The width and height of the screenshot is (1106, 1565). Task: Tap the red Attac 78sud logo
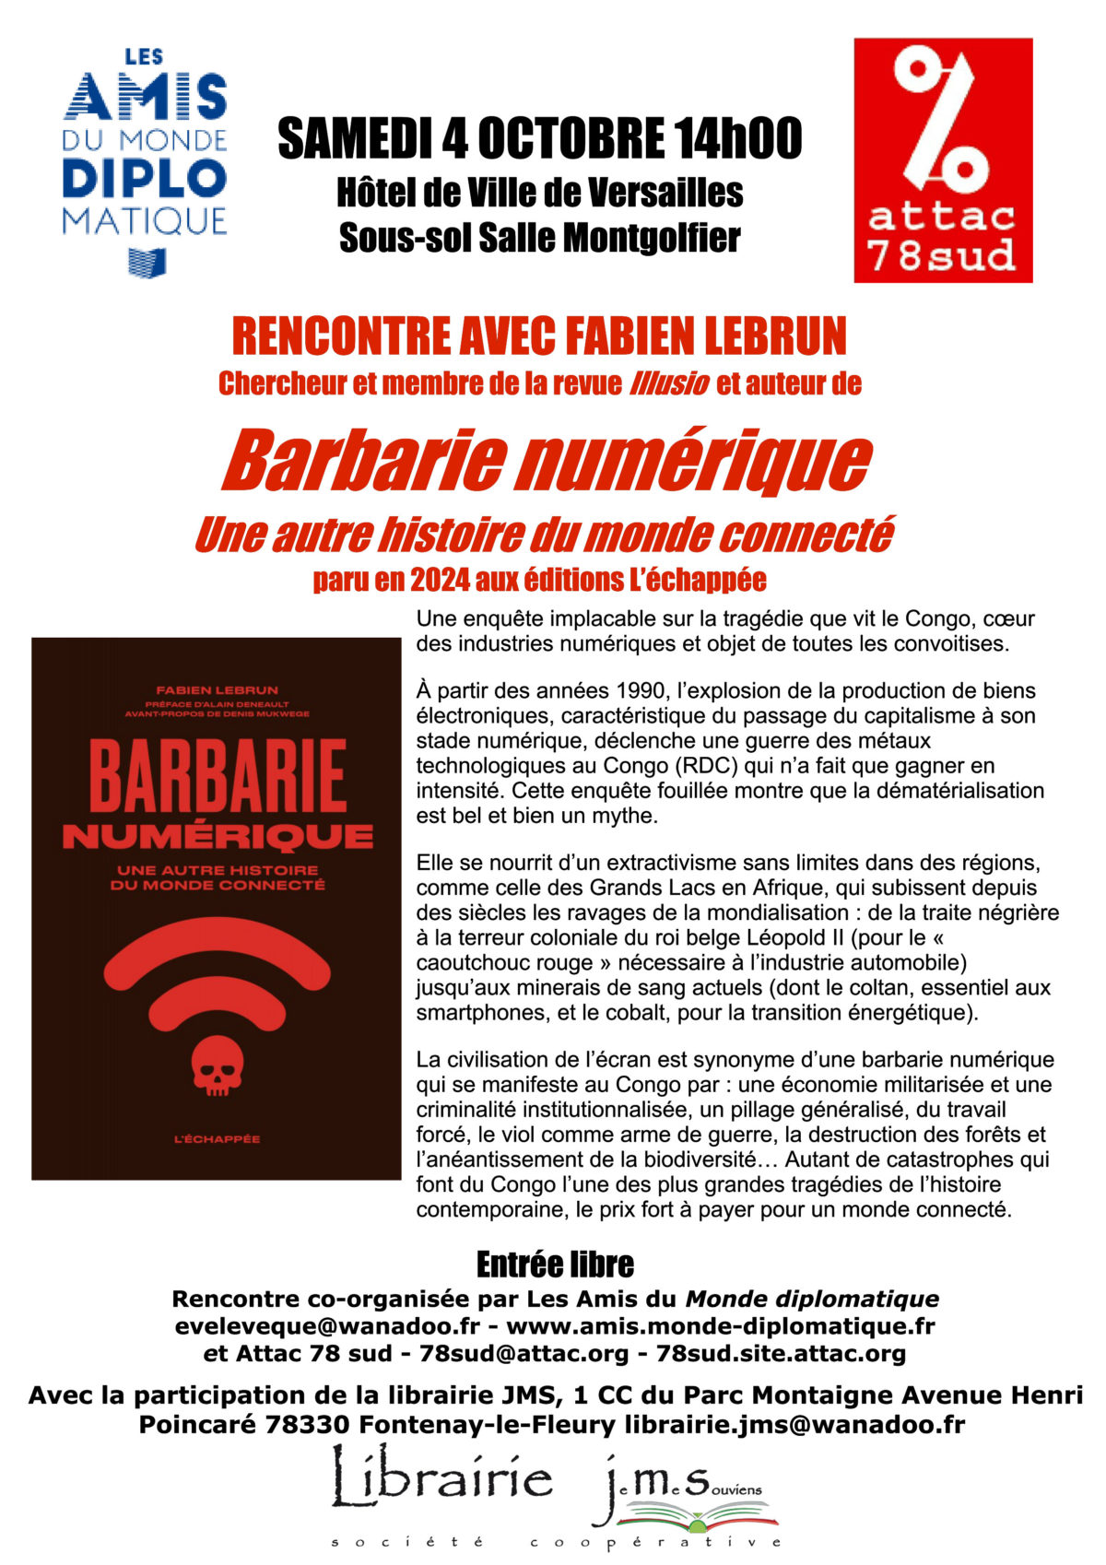pyautogui.click(x=942, y=159)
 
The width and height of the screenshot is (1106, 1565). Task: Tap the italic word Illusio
pyautogui.click(x=669, y=383)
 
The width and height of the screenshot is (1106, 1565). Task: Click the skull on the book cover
pyautogui.click(x=216, y=1065)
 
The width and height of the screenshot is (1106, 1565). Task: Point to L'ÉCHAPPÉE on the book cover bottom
pyautogui.click(x=218, y=1139)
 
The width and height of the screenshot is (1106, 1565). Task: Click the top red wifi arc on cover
pyautogui.click(x=217, y=945)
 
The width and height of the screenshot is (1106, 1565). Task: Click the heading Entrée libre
pyautogui.click(x=555, y=1265)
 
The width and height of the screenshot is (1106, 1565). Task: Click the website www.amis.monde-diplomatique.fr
pyautogui.click(x=721, y=1326)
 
